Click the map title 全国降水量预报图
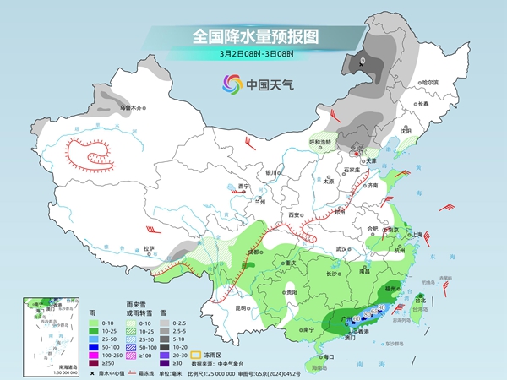(253, 36)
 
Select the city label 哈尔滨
(431, 82)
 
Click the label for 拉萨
(150, 248)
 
